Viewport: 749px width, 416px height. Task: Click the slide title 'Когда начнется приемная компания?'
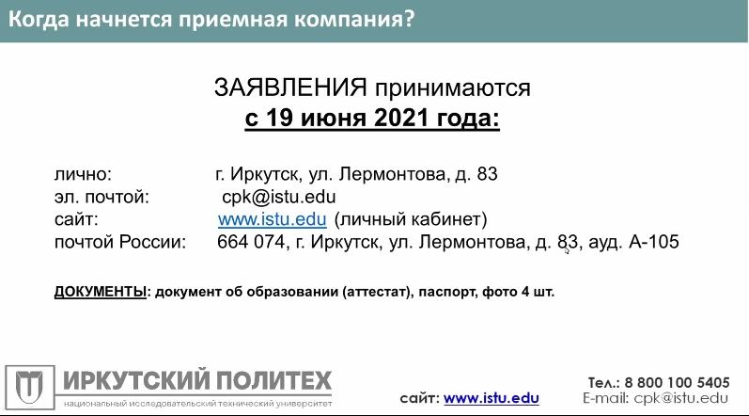pyautogui.click(x=211, y=20)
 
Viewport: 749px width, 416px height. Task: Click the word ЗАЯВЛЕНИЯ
pyautogui.click(x=290, y=88)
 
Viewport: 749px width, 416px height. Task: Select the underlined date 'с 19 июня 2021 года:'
pyautogui.click(x=372, y=118)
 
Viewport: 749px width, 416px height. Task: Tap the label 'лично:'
pyautogui.click(x=83, y=174)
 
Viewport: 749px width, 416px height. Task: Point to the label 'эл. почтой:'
pyautogui.click(x=101, y=197)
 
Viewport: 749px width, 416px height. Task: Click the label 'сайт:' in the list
pyautogui.click(x=76, y=219)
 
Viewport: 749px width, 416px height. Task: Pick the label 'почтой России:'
pyautogui.click(x=120, y=242)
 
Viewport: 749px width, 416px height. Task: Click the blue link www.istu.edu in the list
pyautogui.click(x=273, y=219)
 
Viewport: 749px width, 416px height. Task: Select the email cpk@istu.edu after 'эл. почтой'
pyautogui.click(x=279, y=197)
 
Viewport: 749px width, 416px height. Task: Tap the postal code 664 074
pyautogui.click(x=251, y=242)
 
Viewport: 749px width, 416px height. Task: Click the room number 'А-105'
pyautogui.click(x=654, y=242)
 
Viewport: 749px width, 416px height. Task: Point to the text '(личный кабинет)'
pyautogui.click(x=411, y=219)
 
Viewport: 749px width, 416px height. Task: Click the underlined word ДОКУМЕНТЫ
pyautogui.click(x=101, y=292)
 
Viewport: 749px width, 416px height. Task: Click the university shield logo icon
pyautogui.click(x=30, y=388)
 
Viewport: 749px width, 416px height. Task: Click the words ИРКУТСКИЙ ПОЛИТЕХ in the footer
pyautogui.click(x=197, y=380)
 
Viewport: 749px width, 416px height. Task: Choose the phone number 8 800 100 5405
pyautogui.click(x=678, y=382)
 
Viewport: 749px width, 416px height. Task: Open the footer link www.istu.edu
pyautogui.click(x=492, y=398)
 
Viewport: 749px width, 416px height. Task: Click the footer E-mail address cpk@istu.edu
pyautogui.click(x=681, y=398)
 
